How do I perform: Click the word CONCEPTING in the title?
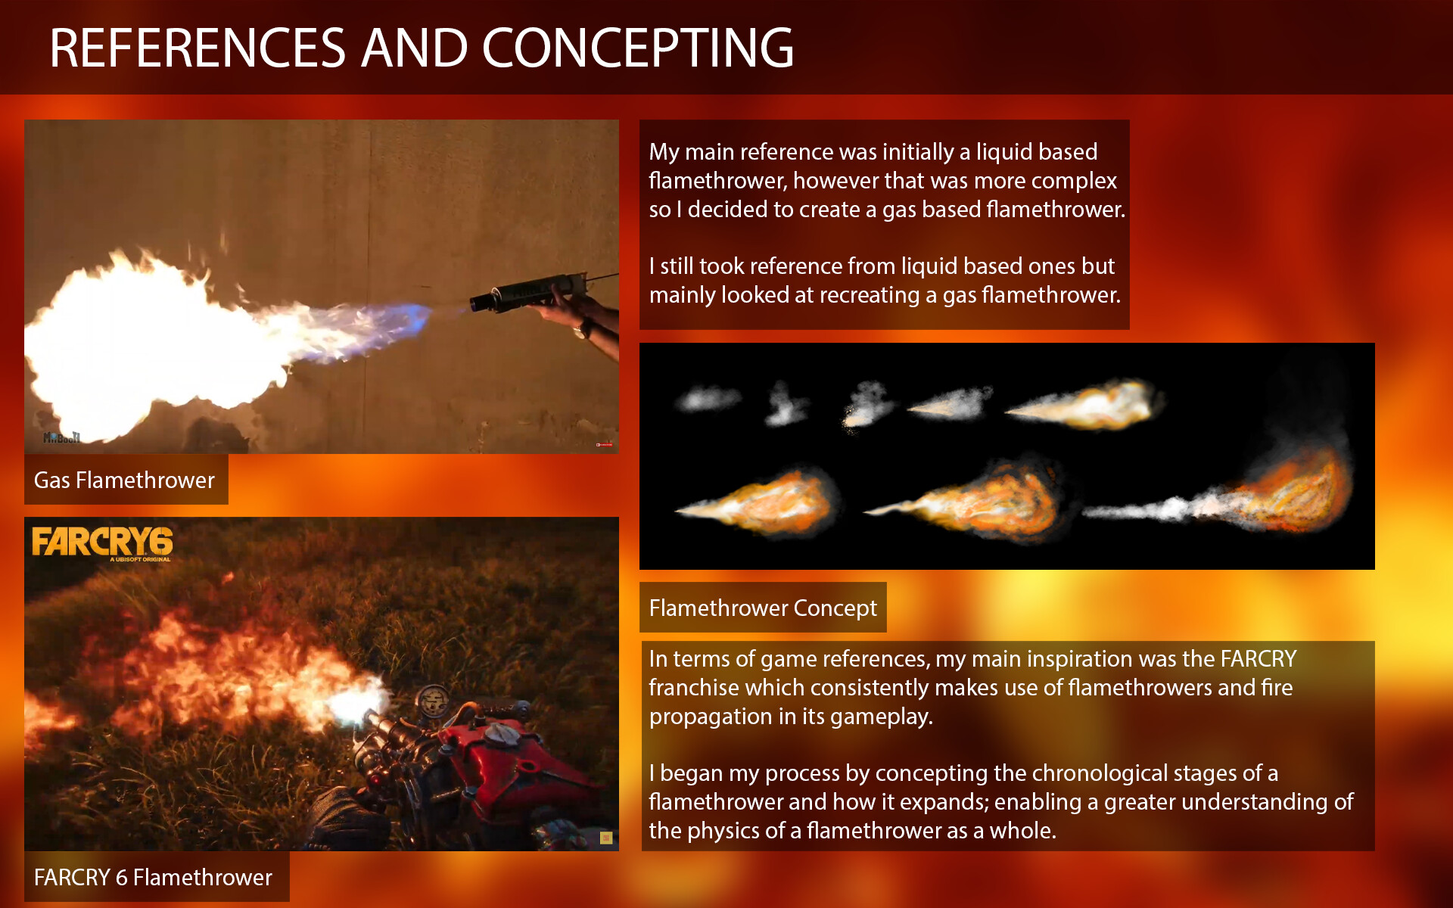(637, 48)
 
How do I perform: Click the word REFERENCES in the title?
(198, 48)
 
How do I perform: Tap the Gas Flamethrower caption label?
(125, 480)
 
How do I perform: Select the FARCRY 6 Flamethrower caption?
(154, 877)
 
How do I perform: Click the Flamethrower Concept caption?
(763, 608)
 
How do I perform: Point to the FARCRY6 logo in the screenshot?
(102, 543)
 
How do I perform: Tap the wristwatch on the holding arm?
(582, 329)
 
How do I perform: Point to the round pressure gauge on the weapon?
(433, 700)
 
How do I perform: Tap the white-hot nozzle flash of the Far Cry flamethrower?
(353, 707)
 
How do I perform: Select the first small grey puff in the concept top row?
(708, 398)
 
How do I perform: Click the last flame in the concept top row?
(1090, 405)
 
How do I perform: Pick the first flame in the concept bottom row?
(764, 502)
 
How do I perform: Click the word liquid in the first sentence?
(1000, 151)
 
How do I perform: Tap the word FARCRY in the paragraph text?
(1258, 658)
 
